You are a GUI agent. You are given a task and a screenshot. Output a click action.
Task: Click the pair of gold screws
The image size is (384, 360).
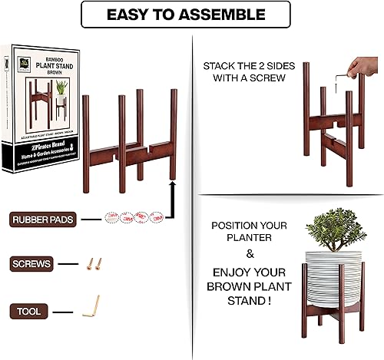pyautogui.click(x=94, y=266)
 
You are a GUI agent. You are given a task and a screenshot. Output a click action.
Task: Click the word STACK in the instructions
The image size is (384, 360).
pyautogui.click(x=222, y=67)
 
